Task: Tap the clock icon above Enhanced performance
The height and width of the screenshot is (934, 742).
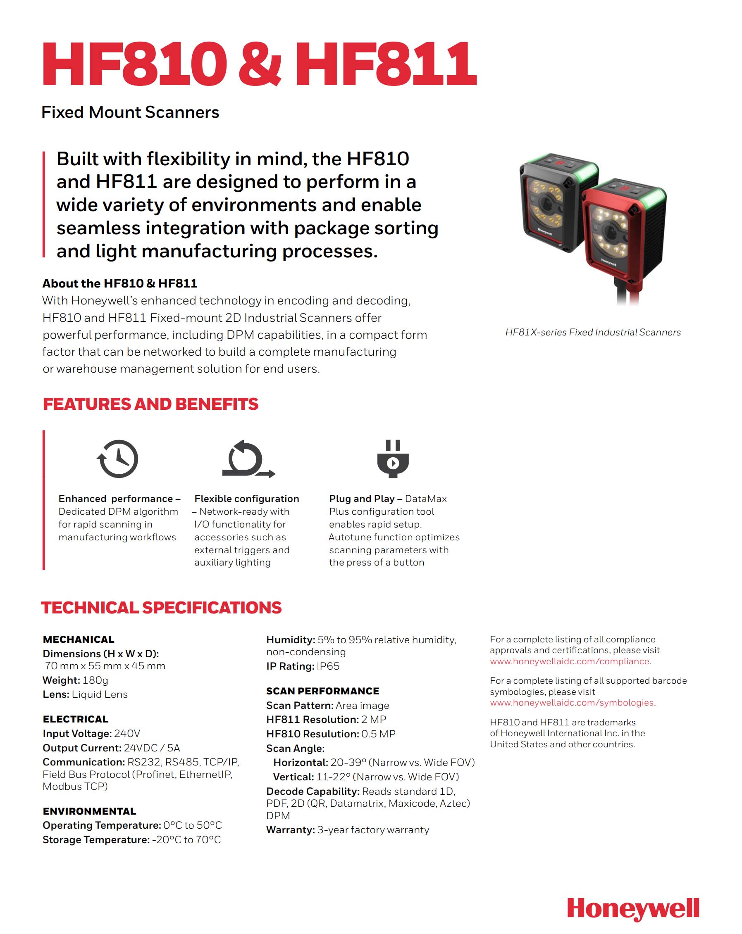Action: (117, 459)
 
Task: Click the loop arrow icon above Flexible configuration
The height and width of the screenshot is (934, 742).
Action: (248, 459)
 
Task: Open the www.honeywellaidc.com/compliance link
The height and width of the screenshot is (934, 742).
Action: (570, 661)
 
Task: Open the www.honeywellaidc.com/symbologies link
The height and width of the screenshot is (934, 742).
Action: (572, 702)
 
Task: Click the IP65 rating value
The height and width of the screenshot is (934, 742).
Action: (328, 666)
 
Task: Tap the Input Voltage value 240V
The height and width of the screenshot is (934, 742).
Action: (127, 733)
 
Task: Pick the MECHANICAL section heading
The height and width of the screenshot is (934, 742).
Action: (79, 639)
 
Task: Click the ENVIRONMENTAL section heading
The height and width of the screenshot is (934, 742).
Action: (89, 811)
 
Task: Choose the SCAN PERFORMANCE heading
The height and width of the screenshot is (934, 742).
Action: (322, 691)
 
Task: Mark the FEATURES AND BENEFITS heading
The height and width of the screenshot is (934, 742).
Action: (150, 404)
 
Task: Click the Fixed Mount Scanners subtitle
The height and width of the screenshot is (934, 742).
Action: (130, 112)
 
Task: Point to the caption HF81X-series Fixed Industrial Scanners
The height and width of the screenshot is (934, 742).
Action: (592, 332)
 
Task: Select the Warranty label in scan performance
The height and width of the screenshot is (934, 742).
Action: (290, 829)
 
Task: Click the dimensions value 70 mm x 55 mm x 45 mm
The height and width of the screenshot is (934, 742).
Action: (105, 665)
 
